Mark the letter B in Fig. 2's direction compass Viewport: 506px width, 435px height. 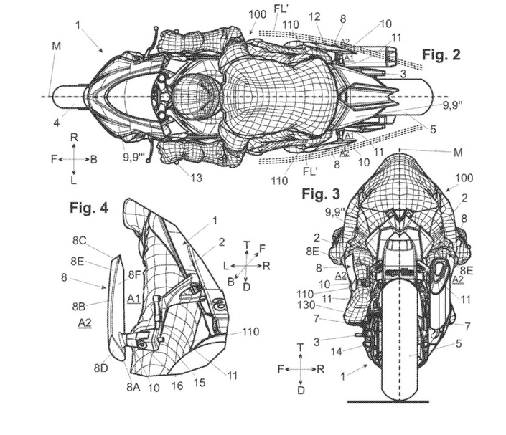click(x=93, y=160)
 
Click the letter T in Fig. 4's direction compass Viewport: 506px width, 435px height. click(x=246, y=244)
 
